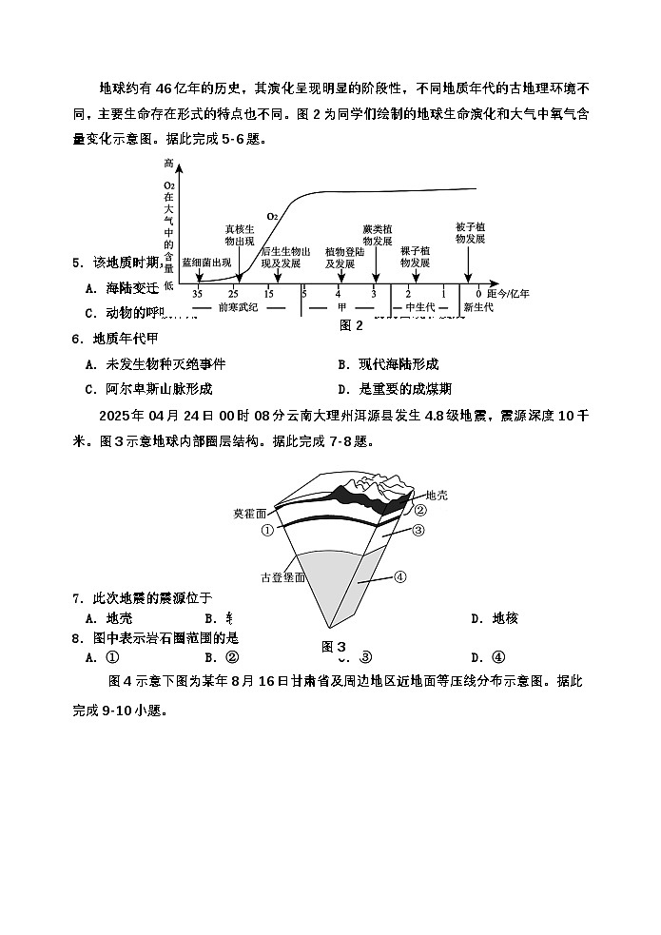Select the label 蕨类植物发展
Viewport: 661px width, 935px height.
(x=378, y=235)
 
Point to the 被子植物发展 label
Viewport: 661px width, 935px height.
(x=471, y=233)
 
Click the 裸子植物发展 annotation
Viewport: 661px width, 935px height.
(x=415, y=256)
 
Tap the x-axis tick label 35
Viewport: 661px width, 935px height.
(x=198, y=294)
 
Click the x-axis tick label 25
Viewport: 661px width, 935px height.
(x=234, y=294)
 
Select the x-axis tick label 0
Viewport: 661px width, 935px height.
(x=478, y=294)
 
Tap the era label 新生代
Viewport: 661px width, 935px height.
(x=477, y=308)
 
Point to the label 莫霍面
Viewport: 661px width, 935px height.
(x=251, y=514)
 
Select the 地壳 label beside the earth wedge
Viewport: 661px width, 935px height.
(x=436, y=495)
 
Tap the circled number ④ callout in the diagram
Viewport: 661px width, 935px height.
(x=400, y=575)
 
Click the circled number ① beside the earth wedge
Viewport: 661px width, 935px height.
(x=267, y=531)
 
